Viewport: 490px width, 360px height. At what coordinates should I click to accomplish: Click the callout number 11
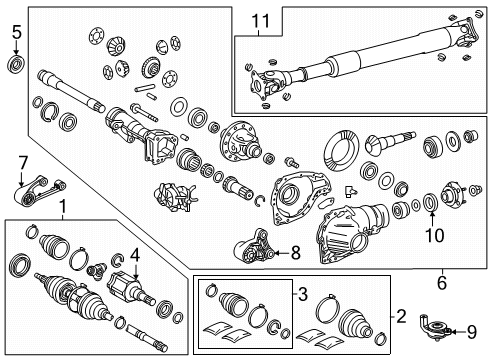click(x=260, y=20)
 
